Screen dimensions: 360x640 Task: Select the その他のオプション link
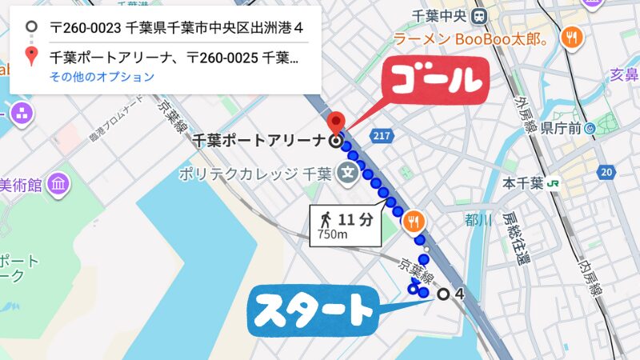pyautogui.click(x=102, y=78)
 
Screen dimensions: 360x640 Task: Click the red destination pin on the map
pyautogui.click(x=337, y=122)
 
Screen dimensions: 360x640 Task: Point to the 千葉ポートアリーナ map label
pyautogui.click(x=259, y=142)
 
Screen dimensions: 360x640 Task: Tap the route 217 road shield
pyautogui.click(x=382, y=136)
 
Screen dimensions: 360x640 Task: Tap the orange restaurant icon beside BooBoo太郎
pyautogui.click(x=572, y=36)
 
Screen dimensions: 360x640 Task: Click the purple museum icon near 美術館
pyautogui.click(x=58, y=184)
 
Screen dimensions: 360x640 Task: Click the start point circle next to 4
pyautogui.click(x=443, y=294)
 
